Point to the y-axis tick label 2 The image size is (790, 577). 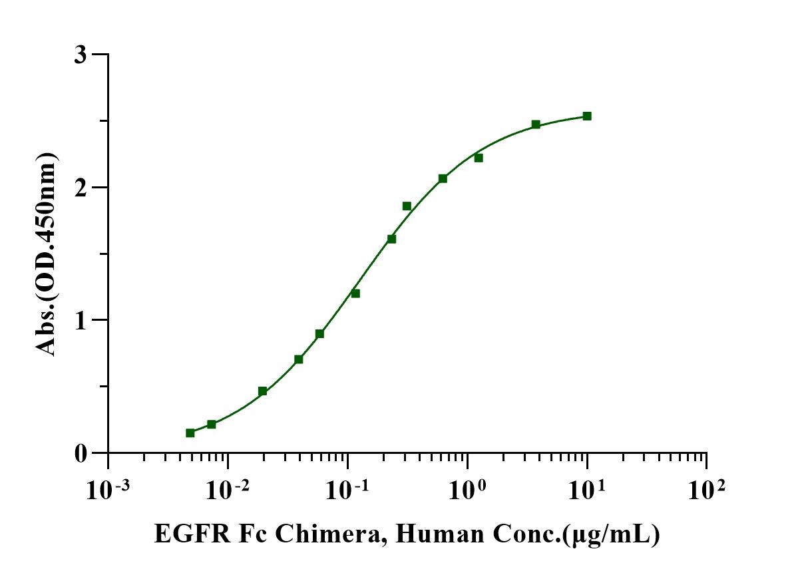point(80,187)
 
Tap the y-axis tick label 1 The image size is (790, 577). point(80,320)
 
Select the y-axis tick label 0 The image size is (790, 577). point(80,453)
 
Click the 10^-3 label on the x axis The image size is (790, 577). point(108,491)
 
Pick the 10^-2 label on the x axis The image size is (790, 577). point(228,491)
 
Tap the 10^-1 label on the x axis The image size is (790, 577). point(347,491)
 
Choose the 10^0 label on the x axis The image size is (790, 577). point(467,491)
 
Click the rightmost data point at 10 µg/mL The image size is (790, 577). point(587,116)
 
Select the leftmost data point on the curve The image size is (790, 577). point(190,433)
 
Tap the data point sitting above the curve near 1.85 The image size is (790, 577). point(407,206)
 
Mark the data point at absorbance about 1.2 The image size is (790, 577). point(355,293)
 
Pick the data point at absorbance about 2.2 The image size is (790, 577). point(479,158)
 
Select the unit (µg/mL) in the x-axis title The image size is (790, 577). point(613,534)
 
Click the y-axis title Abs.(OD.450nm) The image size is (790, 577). point(47,254)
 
